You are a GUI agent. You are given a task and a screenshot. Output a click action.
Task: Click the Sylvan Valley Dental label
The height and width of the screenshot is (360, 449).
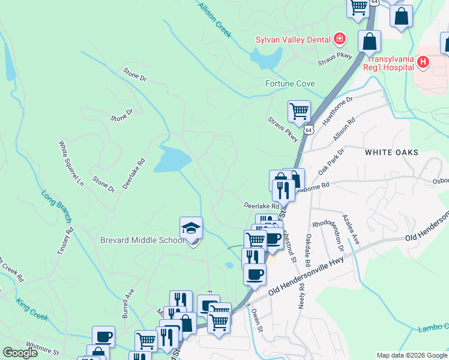coord(293,40)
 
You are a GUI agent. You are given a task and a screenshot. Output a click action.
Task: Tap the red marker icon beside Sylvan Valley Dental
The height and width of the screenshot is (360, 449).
coord(340,40)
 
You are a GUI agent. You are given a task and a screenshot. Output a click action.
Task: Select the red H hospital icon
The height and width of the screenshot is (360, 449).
coord(423,62)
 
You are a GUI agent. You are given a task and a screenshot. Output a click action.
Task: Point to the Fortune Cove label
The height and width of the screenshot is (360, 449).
coord(290,83)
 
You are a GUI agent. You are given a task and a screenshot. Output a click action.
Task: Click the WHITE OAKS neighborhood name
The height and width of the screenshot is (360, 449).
coord(391,153)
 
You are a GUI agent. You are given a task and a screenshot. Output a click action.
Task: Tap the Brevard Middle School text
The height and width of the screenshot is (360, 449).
coord(142,241)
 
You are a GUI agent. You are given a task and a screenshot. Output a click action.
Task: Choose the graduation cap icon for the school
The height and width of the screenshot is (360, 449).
coord(191,229)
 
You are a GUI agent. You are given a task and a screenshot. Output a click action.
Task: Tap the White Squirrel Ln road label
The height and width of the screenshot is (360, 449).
coord(71,164)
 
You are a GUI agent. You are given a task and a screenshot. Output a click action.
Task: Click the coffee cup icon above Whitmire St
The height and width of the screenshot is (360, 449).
coord(103,337)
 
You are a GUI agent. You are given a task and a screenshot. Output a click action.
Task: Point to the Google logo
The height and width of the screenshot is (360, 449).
coord(20,353)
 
